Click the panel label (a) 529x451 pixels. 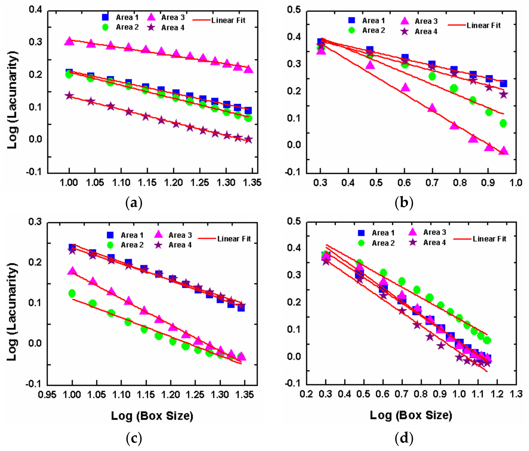coord(134,203)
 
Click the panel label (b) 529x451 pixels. coord(404,203)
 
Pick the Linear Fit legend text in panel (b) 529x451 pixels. coord(483,26)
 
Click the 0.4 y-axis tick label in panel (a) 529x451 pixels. coord(35,10)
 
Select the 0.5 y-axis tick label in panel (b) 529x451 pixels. coord(294,10)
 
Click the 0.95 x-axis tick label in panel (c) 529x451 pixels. coord(47,395)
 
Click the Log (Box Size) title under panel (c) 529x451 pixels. coord(152,416)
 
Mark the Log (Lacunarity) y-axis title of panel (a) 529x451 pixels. coord(12,100)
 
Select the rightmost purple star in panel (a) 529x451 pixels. coord(248,140)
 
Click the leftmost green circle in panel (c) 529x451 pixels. coord(72,293)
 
